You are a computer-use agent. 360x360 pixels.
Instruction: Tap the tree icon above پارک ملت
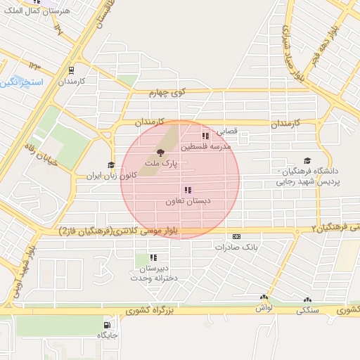(x=161, y=152)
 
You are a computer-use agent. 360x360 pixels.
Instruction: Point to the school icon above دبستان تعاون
(x=188, y=190)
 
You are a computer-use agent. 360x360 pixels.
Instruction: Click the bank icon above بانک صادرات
(x=236, y=236)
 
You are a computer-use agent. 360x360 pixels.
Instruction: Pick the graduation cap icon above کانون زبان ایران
(x=110, y=165)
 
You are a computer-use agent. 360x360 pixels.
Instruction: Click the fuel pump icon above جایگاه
(x=107, y=325)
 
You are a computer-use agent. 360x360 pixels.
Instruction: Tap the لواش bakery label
(x=264, y=308)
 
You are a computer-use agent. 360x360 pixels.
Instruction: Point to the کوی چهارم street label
(x=167, y=92)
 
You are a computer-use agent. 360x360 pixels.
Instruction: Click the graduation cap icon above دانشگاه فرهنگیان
(x=307, y=160)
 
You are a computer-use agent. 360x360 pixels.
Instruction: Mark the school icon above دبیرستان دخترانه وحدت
(x=153, y=258)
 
